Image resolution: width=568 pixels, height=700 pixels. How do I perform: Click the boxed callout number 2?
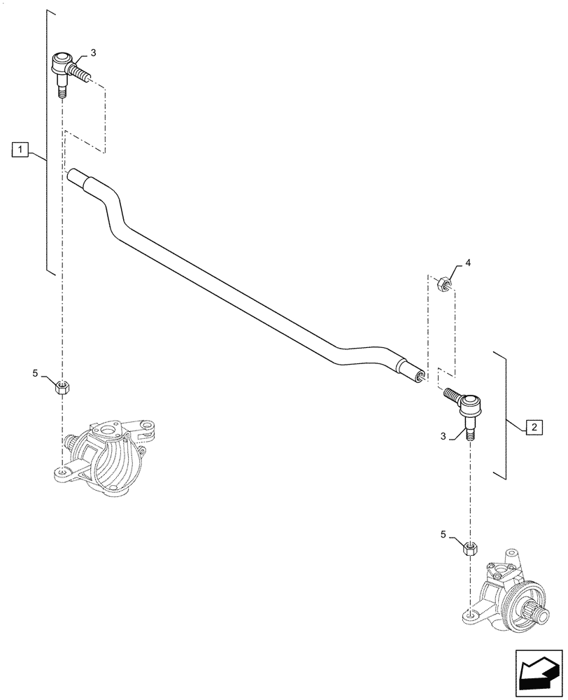point(533,426)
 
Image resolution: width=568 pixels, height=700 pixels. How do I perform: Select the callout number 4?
point(468,263)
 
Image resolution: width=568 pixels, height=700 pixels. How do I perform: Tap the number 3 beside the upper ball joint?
point(94,53)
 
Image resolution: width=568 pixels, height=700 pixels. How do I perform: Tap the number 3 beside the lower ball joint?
point(443,435)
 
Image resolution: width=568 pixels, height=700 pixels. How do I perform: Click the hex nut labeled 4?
point(441,283)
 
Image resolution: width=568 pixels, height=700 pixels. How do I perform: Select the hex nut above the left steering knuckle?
point(62,386)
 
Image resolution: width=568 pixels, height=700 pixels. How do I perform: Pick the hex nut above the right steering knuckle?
point(469,549)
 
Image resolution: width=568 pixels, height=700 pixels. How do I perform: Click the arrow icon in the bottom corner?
point(538,672)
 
